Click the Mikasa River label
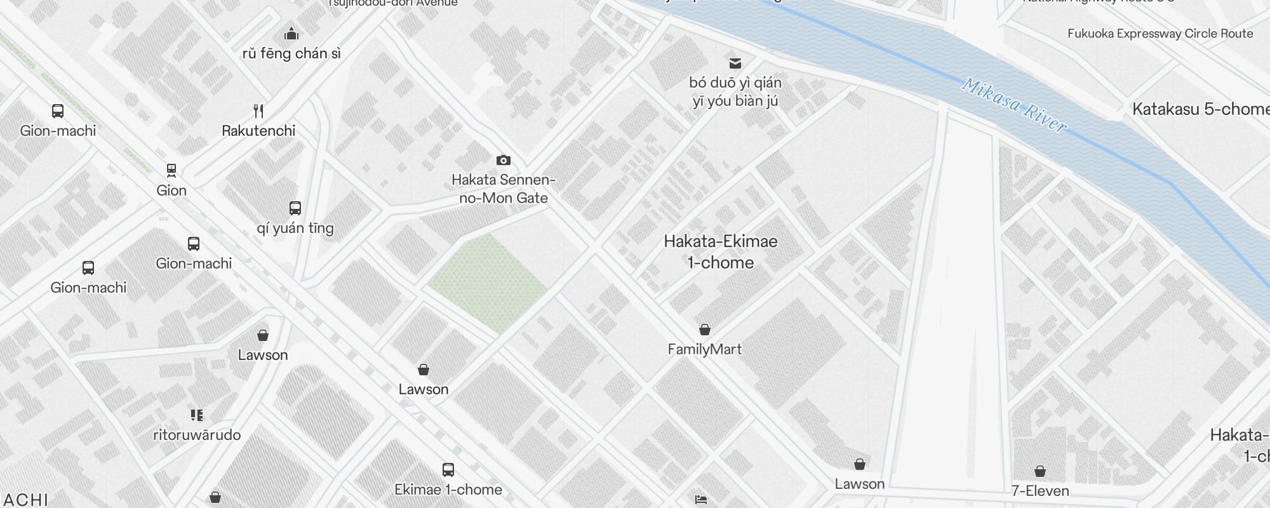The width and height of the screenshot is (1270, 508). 1014,105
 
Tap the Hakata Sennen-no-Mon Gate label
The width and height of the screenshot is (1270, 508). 503,189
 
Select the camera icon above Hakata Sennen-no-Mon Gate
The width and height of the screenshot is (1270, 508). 503,160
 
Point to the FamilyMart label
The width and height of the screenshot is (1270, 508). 704,349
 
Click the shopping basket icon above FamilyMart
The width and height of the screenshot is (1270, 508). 704,330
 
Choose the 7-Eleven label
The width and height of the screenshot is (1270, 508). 1039,490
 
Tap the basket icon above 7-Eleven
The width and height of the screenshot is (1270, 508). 1039,471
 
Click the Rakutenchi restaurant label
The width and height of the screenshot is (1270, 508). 258,131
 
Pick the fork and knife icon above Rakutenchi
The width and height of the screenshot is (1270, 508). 258,111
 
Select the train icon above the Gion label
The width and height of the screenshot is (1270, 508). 171,170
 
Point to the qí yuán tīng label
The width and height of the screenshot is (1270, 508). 295,228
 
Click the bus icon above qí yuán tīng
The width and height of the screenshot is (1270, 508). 295,208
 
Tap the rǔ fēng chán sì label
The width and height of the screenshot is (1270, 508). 291,53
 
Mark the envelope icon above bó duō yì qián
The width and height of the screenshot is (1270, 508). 735,63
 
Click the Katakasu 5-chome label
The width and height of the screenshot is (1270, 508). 1200,109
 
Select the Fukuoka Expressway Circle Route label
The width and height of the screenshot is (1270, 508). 1160,34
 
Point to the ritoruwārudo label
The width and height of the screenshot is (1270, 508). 197,435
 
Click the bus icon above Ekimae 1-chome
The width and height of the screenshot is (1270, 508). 448,470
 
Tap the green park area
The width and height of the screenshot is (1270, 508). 488,283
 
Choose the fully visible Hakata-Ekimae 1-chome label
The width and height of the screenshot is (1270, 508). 721,252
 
